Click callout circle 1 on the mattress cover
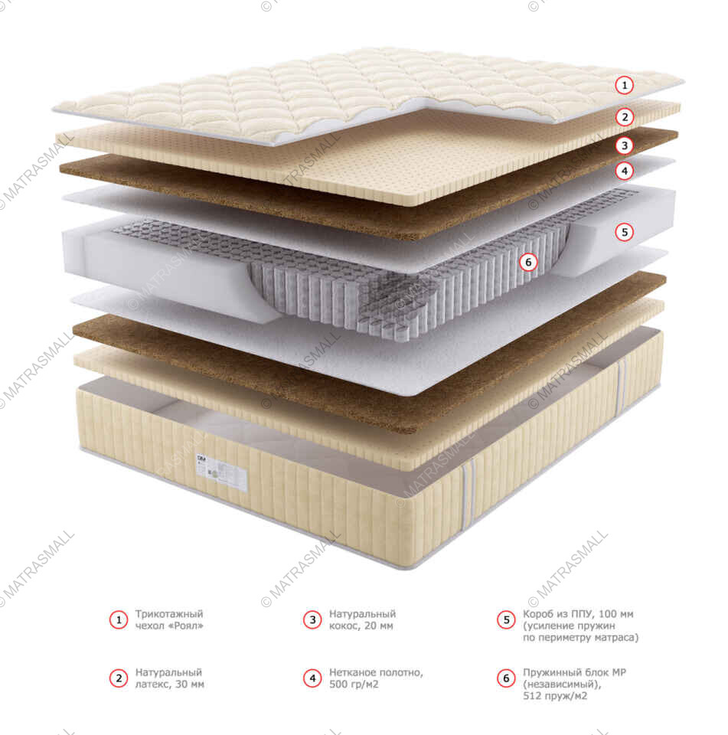(625, 85)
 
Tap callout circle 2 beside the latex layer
(625, 117)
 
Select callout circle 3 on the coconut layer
(625, 145)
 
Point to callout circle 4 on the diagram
(625, 171)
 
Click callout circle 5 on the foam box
(625, 230)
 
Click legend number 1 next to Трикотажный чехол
(118, 619)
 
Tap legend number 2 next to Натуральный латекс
(118, 678)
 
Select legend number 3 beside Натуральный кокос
(312, 619)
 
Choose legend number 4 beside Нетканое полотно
(312, 678)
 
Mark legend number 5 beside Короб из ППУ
(506, 619)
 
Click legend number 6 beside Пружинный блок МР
(506, 678)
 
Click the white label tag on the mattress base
(223, 475)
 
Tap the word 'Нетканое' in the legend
(351, 672)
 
